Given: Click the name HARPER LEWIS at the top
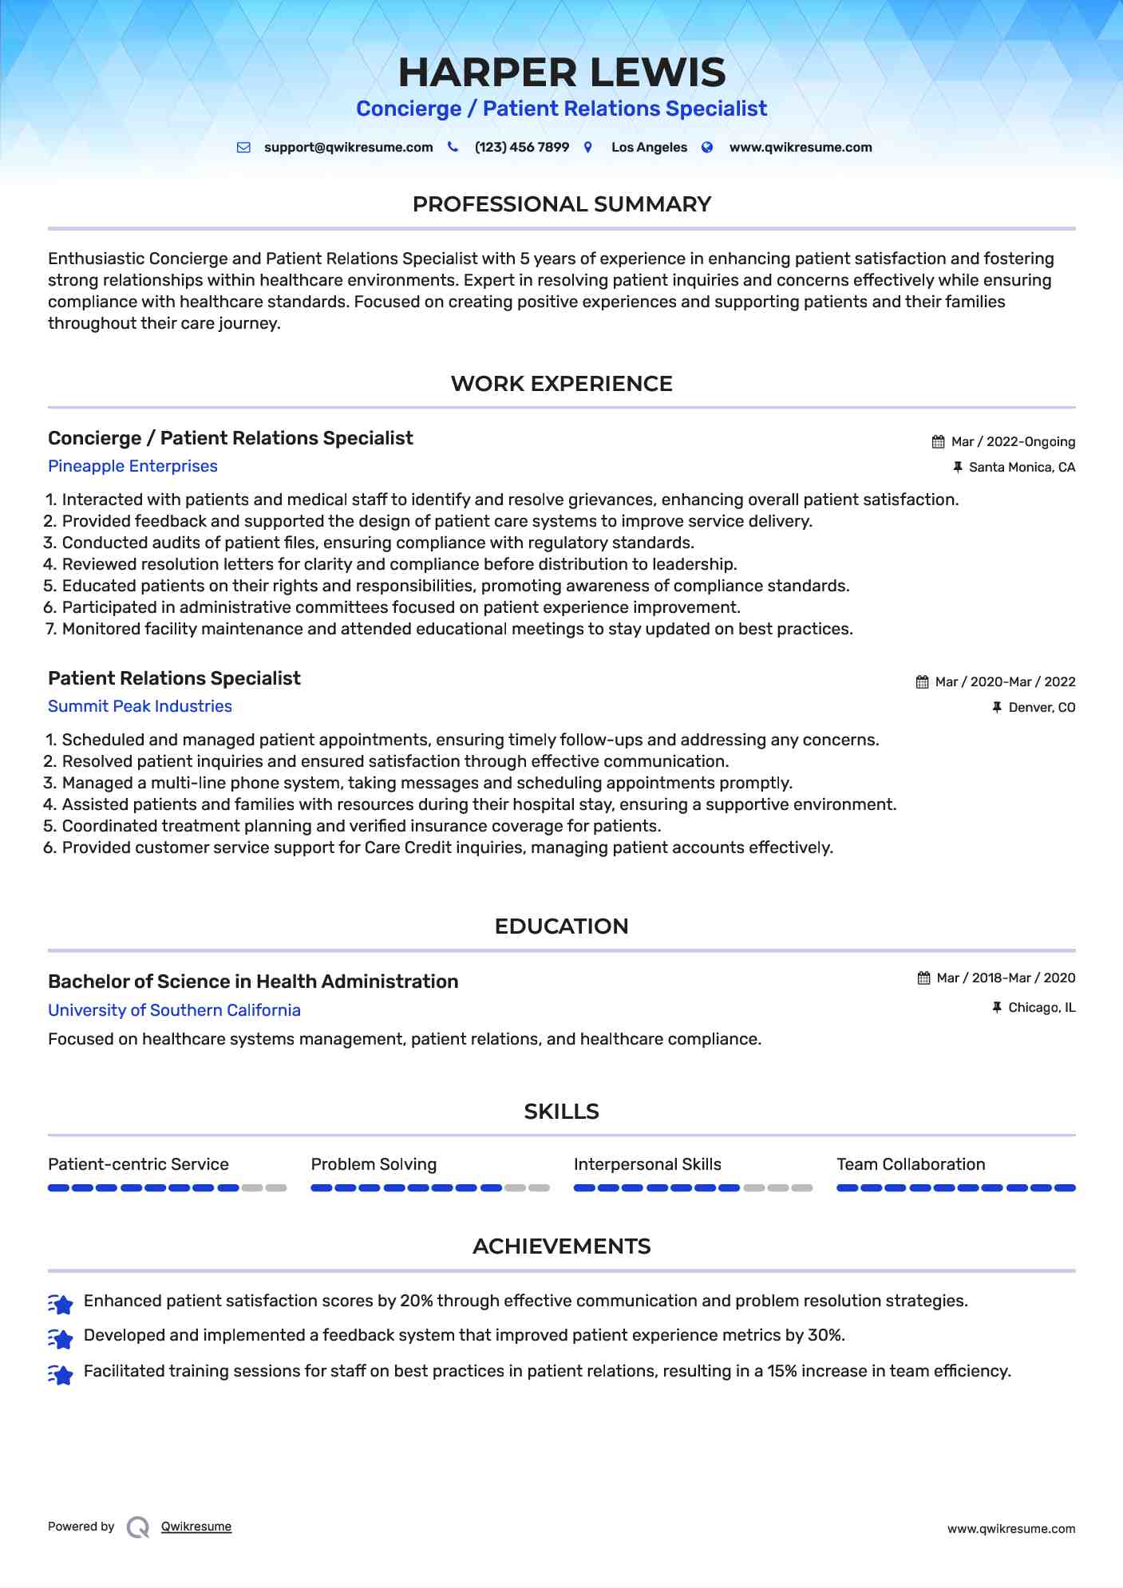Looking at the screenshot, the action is click(562, 73).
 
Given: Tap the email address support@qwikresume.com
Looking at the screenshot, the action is click(348, 148).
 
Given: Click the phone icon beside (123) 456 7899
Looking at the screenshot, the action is click(453, 147).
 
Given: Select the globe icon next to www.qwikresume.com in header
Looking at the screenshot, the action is click(707, 147).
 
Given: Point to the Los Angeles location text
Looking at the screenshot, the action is click(649, 148).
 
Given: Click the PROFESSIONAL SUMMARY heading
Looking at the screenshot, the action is click(561, 204).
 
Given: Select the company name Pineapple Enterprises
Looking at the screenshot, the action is click(132, 466).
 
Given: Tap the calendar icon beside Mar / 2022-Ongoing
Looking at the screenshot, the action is click(939, 442).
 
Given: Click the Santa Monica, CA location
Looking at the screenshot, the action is click(1022, 468).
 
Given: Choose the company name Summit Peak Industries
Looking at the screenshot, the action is click(140, 706).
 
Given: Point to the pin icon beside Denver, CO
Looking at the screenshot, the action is click(996, 707).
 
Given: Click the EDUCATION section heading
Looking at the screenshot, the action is click(561, 926).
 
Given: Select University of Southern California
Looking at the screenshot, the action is click(174, 1010).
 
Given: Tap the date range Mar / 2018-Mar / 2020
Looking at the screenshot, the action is click(1006, 978).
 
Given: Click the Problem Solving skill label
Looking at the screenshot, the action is click(374, 1164).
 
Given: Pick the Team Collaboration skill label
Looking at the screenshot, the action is click(911, 1164).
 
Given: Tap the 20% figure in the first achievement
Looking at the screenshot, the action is click(416, 1301).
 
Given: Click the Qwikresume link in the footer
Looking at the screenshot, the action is click(196, 1527).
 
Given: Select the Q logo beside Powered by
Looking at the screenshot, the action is click(138, 1527).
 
